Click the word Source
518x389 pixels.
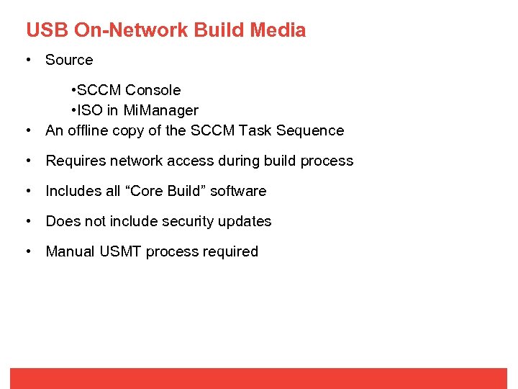pos(69,60)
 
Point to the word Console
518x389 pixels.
pos(153,90)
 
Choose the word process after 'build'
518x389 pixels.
pos(327,161)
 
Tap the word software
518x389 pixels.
pos(238,191)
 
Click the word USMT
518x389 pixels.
pos(122,251)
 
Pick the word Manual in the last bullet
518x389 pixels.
pos(70,251)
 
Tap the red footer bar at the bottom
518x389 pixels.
pos(259,378)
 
